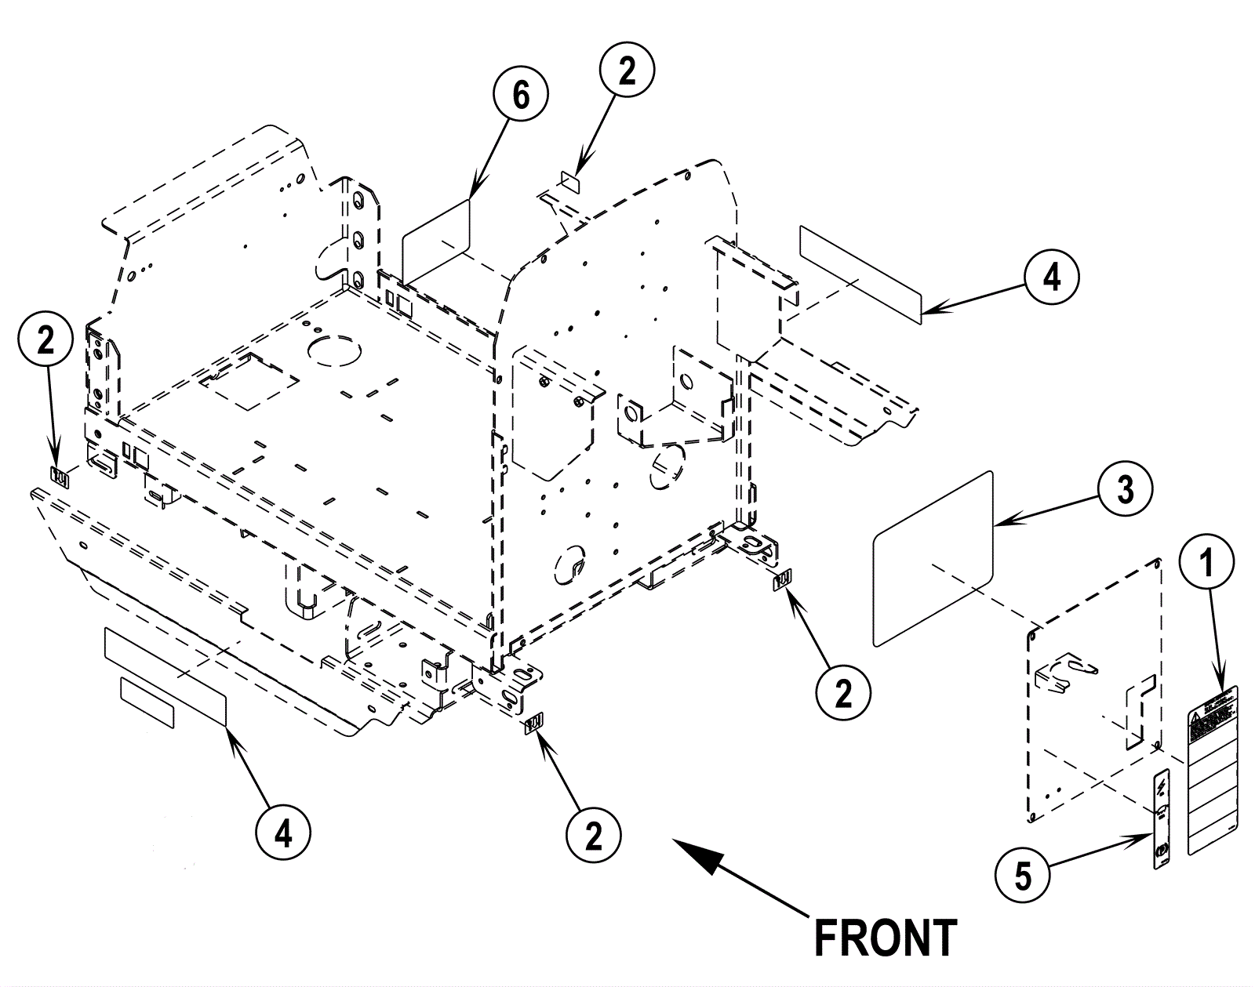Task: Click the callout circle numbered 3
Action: point(1125,489)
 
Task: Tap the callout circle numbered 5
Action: point(1023,875)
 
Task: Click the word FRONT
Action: point(885,938)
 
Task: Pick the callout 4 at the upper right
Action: point(1051,277)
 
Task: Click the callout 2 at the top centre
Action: point(627,72)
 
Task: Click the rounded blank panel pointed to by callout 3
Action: point(933,558)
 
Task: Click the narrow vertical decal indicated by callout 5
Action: point(1162,819)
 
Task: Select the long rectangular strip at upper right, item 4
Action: point(859,274)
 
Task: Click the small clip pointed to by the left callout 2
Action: point(60,475)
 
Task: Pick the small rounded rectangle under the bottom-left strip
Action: point(147,702)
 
